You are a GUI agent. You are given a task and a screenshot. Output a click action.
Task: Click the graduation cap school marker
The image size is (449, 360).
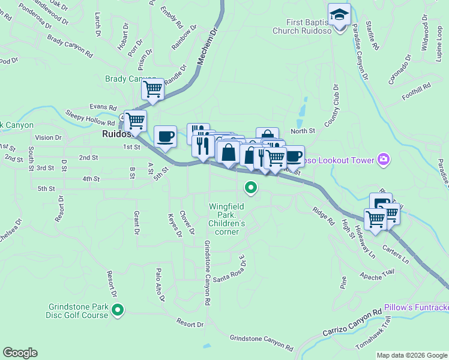click(339, 14)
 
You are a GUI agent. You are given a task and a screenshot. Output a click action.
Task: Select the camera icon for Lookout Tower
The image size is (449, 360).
click(383, 160)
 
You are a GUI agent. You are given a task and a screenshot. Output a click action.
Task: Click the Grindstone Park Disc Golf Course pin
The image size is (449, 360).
click(118, 310)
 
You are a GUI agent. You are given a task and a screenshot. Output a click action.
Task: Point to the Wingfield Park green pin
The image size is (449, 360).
click(251, 188)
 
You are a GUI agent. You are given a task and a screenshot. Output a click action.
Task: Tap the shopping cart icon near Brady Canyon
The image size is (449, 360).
click(152, 89)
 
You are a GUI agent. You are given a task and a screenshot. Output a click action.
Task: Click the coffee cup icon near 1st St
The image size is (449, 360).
click(165, 136)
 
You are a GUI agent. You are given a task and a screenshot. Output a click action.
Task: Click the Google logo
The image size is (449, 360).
click(20, 353)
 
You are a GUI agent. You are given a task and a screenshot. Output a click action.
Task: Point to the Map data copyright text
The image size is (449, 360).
click(412, 355)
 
